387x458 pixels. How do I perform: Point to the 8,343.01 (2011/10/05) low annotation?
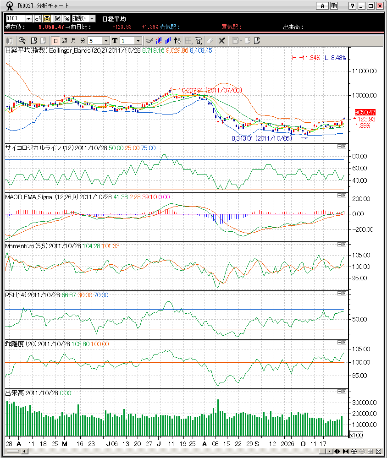click(x=261, y=138)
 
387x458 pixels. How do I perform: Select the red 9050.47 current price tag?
click(x=365, y=112)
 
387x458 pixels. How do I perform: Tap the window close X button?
click(x=380, y=5)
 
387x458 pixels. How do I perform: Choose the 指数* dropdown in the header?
click(x=83, y=18)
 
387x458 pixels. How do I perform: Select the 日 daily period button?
click(x=55, y=40)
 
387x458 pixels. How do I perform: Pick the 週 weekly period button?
click(x=64, y=40)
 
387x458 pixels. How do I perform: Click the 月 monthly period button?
click(x=73, y=40)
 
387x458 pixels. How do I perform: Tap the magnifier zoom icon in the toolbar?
click(x=22, y=40)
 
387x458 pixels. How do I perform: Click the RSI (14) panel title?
click(x=15, y=295)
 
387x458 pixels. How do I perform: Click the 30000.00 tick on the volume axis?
click(x=364, y=403)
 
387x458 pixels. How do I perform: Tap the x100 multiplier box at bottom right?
click(x=356, y=435)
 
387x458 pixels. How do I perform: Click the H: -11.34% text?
click(x=306, y=58)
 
